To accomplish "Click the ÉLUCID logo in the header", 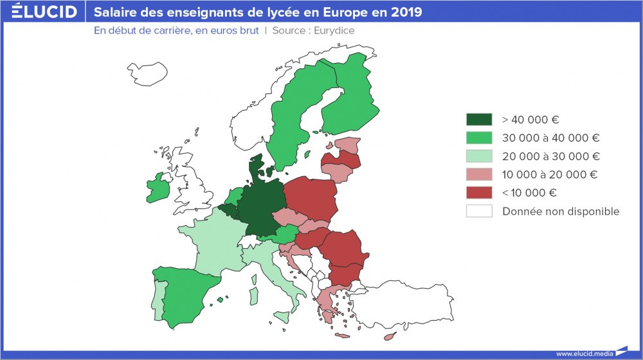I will [x=44, y=12].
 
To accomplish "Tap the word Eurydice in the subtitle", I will [x=334, y=30].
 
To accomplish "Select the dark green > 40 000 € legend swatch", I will [x=479, y=119].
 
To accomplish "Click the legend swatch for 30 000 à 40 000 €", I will [x=479, y=138].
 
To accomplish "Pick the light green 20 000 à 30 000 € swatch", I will [x=479, y=156].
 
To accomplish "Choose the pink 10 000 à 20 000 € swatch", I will [x=479, y=174].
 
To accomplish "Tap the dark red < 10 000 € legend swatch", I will [x=479, y=193].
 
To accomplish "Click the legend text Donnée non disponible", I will [x=561, y=212].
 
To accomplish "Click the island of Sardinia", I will [x=253, y=296].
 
